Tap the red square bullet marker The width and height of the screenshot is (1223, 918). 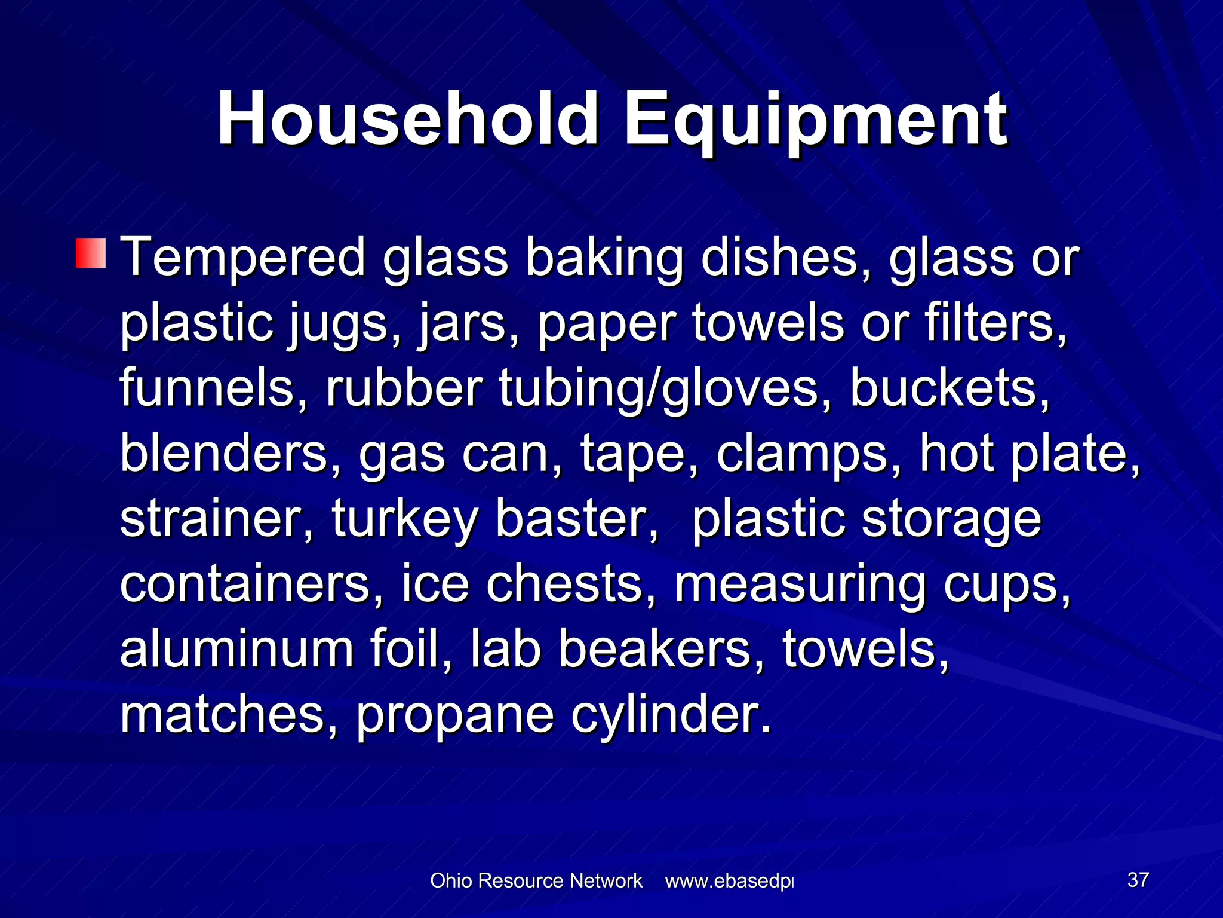(x=91, y=253)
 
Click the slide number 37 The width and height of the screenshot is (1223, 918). (x=1138, y=880)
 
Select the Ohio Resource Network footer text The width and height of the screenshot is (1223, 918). (x=536, y=880)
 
